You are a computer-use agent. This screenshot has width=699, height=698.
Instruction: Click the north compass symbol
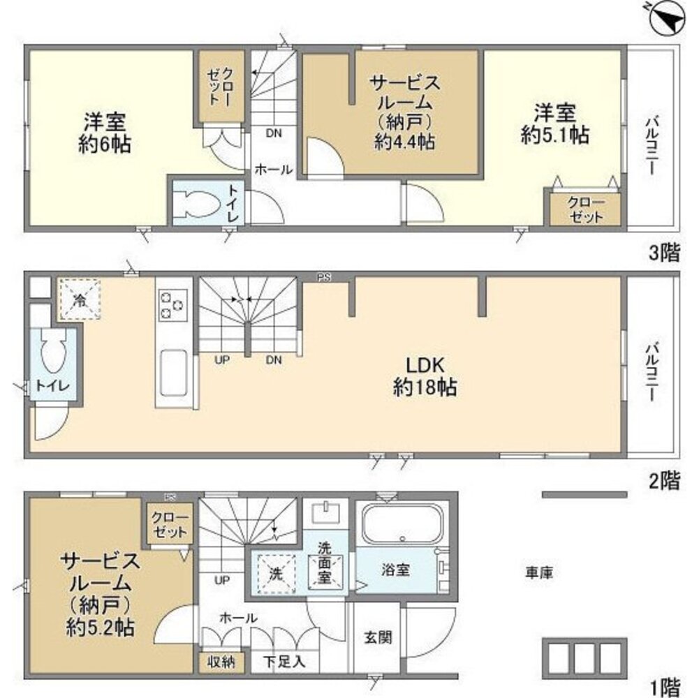pos(668,19)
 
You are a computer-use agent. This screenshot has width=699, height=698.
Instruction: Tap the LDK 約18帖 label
pos(425,377)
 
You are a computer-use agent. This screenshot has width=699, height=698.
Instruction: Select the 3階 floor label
pos(664,253)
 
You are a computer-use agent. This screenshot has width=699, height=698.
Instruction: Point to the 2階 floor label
pos(664,481)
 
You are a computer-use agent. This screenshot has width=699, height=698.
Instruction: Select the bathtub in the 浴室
pos(402,523)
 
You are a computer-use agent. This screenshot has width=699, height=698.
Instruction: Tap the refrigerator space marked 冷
pos(80,299)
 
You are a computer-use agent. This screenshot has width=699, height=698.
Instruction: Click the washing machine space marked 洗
pos(276,574)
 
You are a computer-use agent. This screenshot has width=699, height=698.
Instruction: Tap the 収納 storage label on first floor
pos(221,662)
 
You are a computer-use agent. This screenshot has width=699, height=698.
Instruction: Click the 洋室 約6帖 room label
pos(105,133)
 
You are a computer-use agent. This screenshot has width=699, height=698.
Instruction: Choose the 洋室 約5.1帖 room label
pos(555,123)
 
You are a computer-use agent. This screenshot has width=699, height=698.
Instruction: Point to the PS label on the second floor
pos(324,277)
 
